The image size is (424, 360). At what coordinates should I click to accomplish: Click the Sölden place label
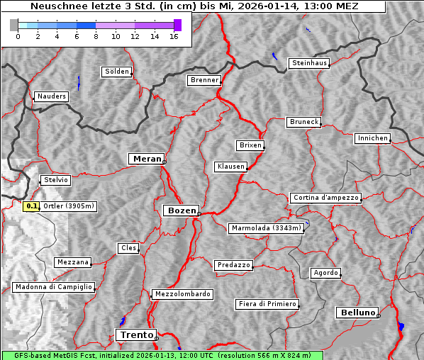[x=117, y=72]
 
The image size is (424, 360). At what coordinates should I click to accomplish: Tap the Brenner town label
[x=204, y=80]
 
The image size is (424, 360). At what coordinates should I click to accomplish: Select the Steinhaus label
[x=310, y=63]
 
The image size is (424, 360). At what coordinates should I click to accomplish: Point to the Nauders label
[x=51, y=96]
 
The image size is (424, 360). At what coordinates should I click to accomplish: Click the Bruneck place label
[x=304, y=122]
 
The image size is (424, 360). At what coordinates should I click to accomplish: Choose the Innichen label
[x=372, y=138]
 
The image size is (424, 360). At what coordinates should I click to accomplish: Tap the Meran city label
[x=146, y=159]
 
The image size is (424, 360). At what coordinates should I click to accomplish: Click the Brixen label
[x=250, y=145]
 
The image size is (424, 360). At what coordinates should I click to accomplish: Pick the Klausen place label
[x=230, y=167]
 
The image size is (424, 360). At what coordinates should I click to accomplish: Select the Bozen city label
[x=180, y=210]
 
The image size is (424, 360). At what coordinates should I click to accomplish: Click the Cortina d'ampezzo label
[x=325, y=198]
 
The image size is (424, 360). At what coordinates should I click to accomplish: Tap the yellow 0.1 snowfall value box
[x=31, y=206]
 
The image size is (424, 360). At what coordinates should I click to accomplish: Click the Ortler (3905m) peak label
[x=69, y=206]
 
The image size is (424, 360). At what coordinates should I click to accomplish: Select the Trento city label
[x=135, y=334]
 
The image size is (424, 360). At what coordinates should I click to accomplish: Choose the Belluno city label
[x=357, y=312]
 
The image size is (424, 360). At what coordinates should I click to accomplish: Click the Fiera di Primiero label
[x=267, y=304]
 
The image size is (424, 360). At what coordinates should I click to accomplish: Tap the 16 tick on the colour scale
[x=174, y=36]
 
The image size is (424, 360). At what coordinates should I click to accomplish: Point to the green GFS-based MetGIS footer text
[x=162, y=355]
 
